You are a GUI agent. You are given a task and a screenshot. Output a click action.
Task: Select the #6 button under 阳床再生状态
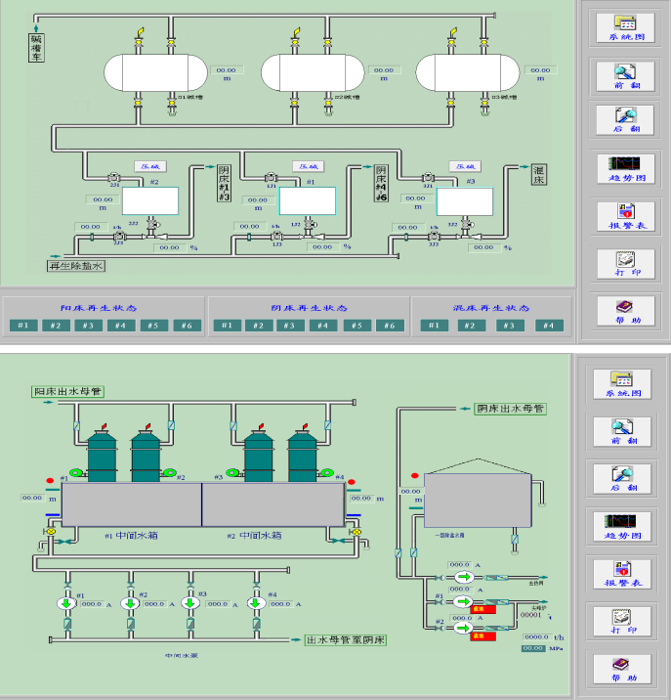pyautogui.click(x=184, y=326)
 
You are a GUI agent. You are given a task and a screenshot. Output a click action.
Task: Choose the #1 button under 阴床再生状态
pyautogui.click(x=226, y=326)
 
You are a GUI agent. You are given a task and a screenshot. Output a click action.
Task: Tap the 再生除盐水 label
pyautogui.click(x=76, y=265)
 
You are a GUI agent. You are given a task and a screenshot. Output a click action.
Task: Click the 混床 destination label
pyautogui.click(x=539, y=175)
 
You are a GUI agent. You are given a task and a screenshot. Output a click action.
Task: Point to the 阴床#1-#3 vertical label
pyautogui.click(x=224, y=184)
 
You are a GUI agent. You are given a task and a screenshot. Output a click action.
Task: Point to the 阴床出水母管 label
pyautogui.click(x=509, y=408)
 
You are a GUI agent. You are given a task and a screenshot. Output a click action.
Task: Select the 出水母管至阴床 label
pyautogui.click(x=347, y=640)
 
